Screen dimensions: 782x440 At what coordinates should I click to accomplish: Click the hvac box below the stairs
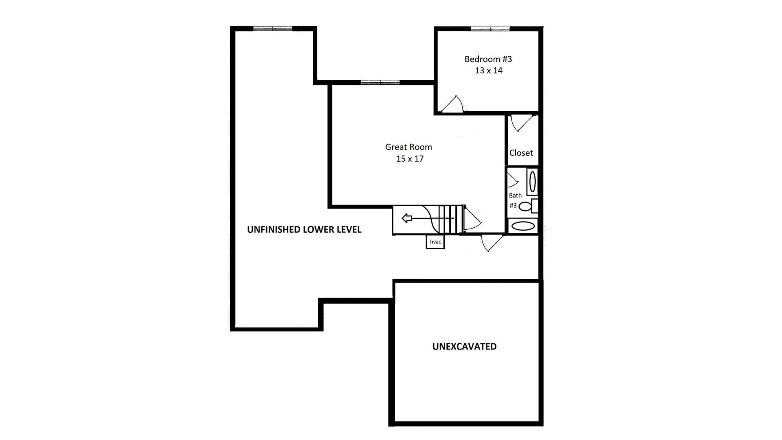click(x=435, y=242)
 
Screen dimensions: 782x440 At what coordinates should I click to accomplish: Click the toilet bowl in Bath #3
click(x=525, y=207)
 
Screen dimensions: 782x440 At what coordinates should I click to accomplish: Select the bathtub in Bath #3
click(x=523, y=226)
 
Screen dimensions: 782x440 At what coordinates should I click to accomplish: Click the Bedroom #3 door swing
click(x=453, y=104)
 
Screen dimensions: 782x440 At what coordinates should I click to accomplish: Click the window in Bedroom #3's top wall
click(x=490, y=29)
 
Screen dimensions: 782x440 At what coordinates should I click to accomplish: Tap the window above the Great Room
click(x=380, y=82)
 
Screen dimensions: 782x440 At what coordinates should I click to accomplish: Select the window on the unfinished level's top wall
click(x=273, y=29)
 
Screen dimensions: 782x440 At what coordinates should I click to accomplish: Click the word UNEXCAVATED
click(x=464, y=346)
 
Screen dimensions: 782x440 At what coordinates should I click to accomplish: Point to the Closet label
click(x=521, y=153)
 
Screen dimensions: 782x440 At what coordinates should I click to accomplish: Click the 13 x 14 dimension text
click(x=489, y=70)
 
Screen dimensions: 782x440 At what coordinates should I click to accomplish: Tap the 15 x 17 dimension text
click(x=410, y=158)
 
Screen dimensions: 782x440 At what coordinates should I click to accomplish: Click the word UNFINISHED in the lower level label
click(x=272, y=229)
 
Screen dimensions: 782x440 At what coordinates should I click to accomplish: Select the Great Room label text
click(x=409, y=147)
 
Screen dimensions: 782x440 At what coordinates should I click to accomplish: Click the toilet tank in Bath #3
click(x=535, y=206)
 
